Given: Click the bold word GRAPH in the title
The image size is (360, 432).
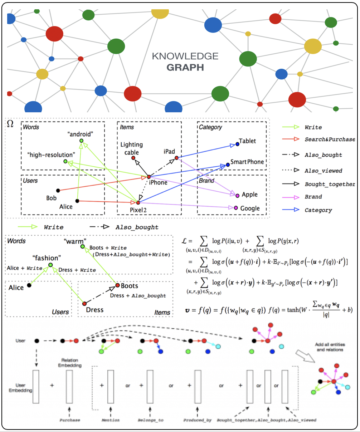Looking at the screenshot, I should pos(185,67).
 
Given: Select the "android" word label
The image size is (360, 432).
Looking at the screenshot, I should pos(80,134).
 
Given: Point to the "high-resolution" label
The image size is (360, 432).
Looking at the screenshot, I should pos(51,155).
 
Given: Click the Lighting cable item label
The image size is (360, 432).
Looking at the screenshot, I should pos(131,148).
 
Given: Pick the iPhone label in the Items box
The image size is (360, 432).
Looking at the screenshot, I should pos(158,182).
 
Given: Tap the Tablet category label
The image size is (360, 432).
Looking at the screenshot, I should pos(247,141).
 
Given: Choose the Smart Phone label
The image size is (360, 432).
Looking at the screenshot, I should pos(247,162).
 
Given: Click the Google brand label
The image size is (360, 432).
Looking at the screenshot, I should pos(250,208).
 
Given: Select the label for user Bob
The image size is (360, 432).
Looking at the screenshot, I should pos(51,198).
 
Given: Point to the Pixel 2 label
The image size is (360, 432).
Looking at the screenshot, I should pos(138,210).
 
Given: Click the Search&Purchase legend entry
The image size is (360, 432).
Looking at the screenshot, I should pos(330,139).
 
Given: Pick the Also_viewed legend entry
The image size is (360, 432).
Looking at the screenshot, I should pos(323,171).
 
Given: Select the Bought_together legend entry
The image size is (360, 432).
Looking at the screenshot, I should pos(330,184).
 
